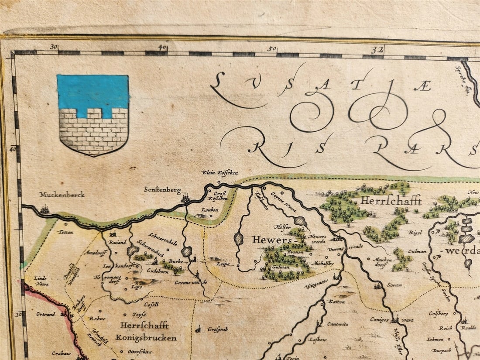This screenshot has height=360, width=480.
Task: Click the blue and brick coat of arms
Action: pyautogui.click(x=93, y=115)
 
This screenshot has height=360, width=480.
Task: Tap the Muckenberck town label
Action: pyautogui.click(x=62, y=195)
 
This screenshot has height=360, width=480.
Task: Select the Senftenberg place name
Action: pyautogui.click(x=162, y=190)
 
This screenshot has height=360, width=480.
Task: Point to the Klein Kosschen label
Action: pyautogui.click(x=220, y=173)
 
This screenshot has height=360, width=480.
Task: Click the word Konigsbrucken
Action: pyautogui.click(x=146, y=338)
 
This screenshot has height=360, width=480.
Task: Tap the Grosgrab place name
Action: pyautogui.click(x=218, y=329)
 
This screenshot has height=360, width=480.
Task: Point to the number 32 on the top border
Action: pyautogui.click(x=378, y=50)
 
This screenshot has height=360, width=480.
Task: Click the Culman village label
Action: pyautogui.click(x=416, y=252)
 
